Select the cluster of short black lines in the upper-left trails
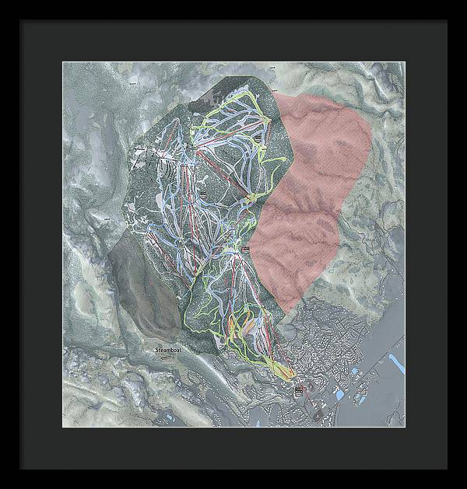pyautogui.click(x=166, y=167)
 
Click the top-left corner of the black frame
pyautogui.click(x=22, y=22)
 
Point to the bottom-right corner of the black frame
pyautogui.click(x=446, y=468)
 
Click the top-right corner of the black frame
pyautogui.click(x=446, y=22)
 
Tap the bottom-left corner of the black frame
pyautogui.click(x=22, y=468)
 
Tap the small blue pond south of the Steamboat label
pyautogui.click(x=258, y=421)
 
